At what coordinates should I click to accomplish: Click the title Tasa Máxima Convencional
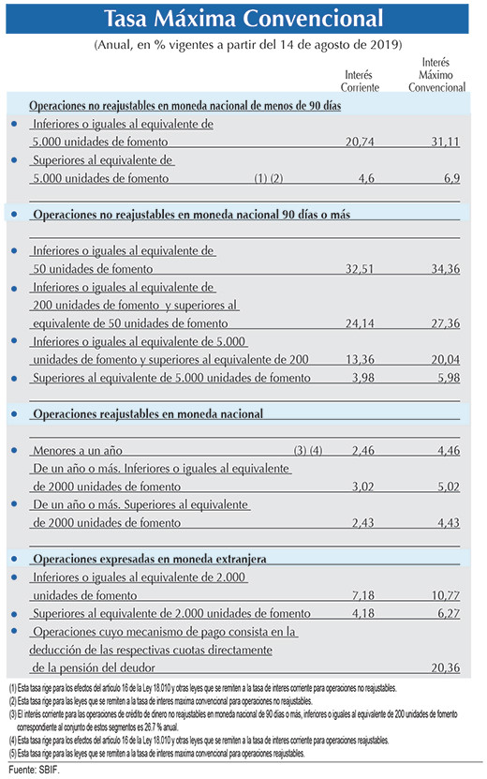click(243, 19)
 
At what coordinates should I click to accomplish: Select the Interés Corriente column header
click(360, 81)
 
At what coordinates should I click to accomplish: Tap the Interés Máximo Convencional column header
click(436, 74)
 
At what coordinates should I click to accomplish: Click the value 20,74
click(360, 142)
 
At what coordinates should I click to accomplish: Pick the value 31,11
click(445, 142)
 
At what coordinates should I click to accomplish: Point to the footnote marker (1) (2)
click(269, 178)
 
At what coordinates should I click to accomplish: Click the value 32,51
click(360, 269)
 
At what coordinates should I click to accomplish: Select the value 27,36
click(445, 323)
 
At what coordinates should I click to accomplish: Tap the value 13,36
click(360, 359)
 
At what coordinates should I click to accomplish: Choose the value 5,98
click(449, 378)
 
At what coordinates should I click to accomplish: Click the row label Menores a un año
click(78, 451)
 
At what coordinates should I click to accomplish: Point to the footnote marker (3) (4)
click(308, 451)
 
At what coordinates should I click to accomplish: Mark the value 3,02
click(362, 487)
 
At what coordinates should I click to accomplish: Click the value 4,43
click(449, 523)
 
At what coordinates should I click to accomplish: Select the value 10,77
click(445, 595)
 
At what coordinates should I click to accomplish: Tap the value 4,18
click(362, 614)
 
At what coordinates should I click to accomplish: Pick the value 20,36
click(445, 667)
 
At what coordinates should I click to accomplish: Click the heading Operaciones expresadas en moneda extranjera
click(150, 559)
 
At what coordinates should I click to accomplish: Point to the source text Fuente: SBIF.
click(34, 770)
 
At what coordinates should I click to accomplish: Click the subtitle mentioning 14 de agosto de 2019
click(248, 45)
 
